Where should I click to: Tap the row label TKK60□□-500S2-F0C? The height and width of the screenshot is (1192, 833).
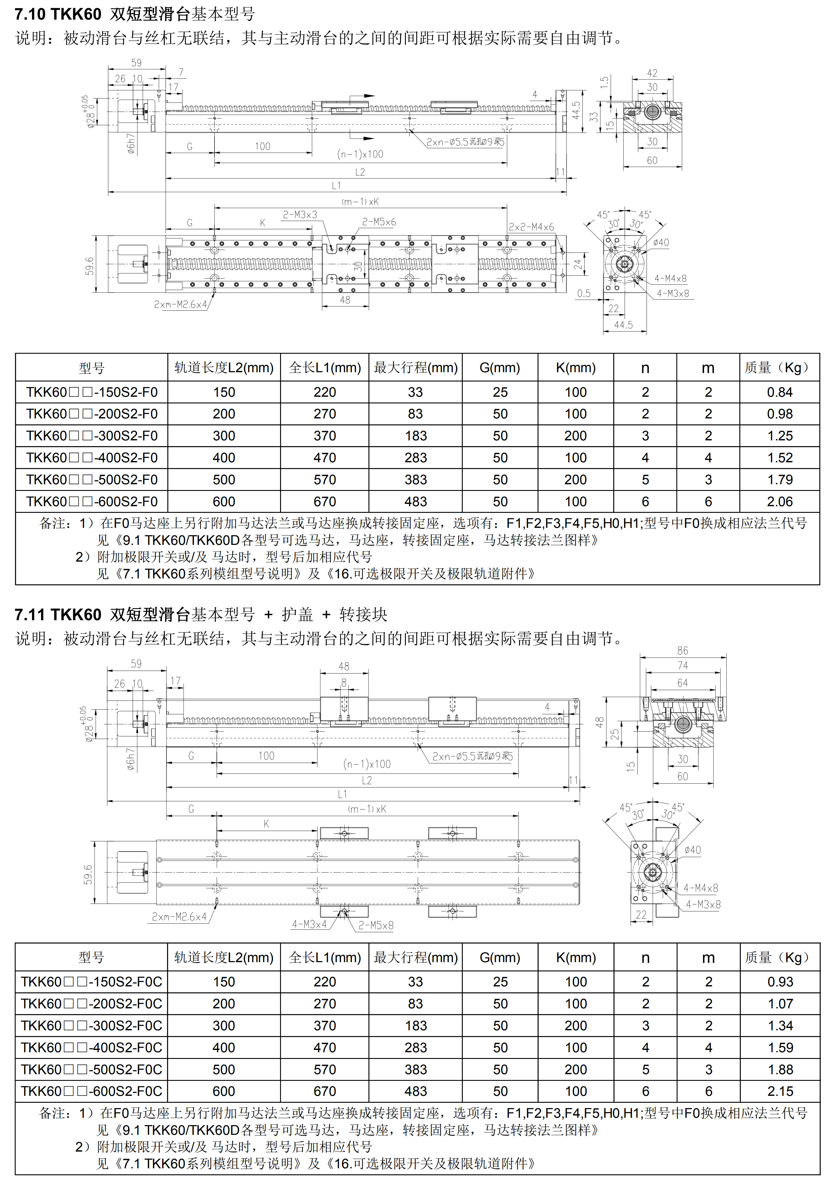coord(91,1070)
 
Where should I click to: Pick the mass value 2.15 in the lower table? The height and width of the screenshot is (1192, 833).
coord(780,1091)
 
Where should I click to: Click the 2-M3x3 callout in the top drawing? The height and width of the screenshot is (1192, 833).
coord(300,215)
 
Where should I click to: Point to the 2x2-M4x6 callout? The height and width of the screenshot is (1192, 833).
coord(531,227)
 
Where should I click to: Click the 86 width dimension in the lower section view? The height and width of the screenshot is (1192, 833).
coord(682,651)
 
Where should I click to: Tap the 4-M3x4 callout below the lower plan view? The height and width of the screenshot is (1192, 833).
coord(309,924)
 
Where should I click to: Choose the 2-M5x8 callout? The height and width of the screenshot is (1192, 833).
coord(376,925)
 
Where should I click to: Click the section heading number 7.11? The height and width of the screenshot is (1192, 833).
coord(29,615)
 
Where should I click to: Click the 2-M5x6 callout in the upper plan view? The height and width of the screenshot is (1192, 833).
coord(379,222)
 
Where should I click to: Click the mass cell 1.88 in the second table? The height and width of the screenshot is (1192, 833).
coord(780,1070)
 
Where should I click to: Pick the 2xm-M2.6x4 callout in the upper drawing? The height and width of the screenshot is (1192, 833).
coord(180,304)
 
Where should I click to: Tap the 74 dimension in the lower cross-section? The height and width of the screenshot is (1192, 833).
coord(682,666)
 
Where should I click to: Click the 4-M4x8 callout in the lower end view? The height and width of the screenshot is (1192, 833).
coord(701,888)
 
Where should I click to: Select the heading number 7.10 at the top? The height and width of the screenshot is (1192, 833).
coord(29,14)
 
